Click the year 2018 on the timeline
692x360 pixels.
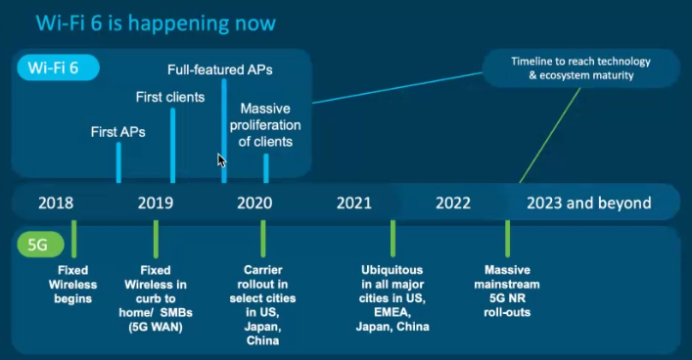pyautogui.click(x=56, y=203)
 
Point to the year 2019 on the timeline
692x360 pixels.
pyautogui.click(x=156, y=203)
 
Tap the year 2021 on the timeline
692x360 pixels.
pyautogui.click(x=353, y=203)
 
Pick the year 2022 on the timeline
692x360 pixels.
pyautogui.click(x=453, y=203)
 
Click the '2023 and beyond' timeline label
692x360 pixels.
pyautogui.click(x=588, y=203)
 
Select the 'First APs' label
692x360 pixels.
pyautogui.click(x=117, y=131)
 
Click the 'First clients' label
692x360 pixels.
pyautogui.click(x=169, y=97)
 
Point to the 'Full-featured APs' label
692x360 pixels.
pyautogui.click(x=219, y=69)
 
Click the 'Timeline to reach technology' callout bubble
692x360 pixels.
pyautogui.click(x=581, y=67)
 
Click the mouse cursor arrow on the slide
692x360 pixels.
pyautogui.click(x=222, y=160)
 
